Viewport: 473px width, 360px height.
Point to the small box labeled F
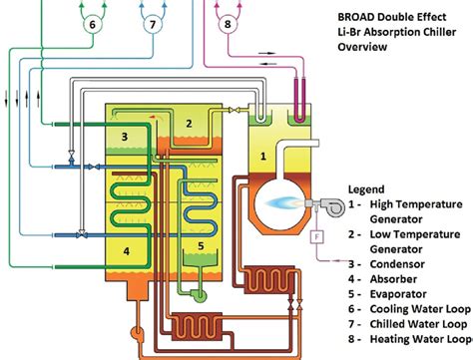click(x=317, y=235)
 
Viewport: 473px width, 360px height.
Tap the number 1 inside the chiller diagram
click(x=263, y=156)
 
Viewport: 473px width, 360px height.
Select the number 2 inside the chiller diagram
click(x=188, y=123)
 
